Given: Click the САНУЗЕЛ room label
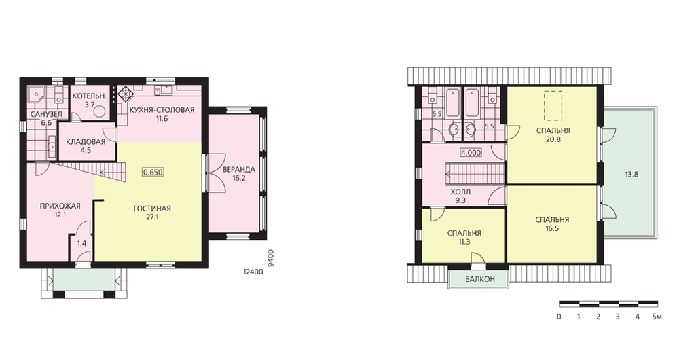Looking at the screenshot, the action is click(x=46, y=114).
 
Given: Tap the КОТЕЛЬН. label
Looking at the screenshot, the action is click(x=89, y=96).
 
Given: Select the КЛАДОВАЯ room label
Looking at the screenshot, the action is click(x=86, y=142).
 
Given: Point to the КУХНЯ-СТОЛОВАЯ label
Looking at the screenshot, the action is click(x=162, y=109).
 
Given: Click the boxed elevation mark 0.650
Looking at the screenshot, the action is click(x=153, y=172).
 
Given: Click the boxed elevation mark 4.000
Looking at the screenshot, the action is click(x=471, y=153).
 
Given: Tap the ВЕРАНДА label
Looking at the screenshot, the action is click(x=238, y=169).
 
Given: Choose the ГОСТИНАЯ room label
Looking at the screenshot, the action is click(x=152, y=209).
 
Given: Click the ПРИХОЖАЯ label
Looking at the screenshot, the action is click(x=60, y=206).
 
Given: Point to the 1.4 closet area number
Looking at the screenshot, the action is click(x=82, y=243).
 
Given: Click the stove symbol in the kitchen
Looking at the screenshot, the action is click(x=126, y=94).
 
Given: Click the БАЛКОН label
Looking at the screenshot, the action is click(x=480, y=279).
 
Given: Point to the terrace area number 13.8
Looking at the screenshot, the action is click(x=631, y=175).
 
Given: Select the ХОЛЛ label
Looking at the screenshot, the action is click(x=460, y=192).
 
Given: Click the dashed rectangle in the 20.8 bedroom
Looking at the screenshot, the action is click(x=553, y=105).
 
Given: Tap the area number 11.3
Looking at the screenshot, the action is click(x=464, y=242).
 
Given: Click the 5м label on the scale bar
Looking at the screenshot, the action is click(x=657, y=317).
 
